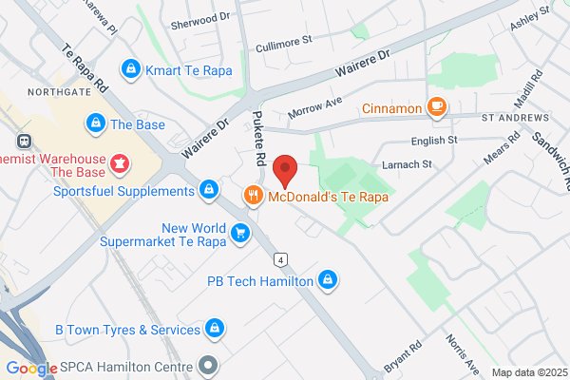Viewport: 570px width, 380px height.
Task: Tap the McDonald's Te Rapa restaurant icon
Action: pos(253,197)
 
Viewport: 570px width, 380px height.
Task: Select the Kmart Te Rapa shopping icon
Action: pos(131,69)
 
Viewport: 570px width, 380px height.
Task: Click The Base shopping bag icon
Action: pos(95,123)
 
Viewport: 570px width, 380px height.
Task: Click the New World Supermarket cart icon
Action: pos(241,233)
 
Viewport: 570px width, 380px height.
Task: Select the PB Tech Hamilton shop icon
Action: pos(328,279)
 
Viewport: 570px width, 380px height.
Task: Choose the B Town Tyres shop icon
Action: pos(216,329)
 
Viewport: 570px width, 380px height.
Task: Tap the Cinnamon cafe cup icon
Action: pos(437,108)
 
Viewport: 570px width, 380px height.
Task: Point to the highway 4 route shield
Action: pos(281,259)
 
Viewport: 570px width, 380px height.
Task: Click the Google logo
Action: pos(31,369)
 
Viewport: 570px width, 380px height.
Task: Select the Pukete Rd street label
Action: pos(258,134)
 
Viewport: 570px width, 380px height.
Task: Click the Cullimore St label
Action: pos(284,43)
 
